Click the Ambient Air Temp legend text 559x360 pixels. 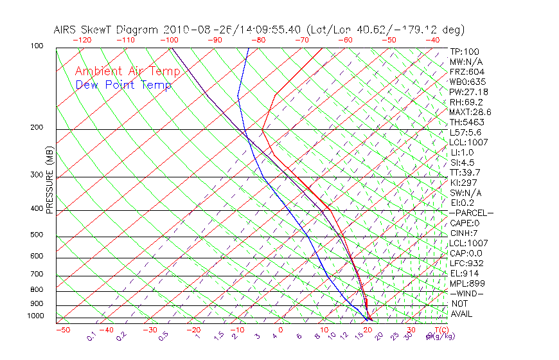(127, 71)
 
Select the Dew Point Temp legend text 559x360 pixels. (123, 85)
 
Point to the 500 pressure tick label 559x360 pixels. (37, 235)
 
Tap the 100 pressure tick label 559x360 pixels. (37, 46)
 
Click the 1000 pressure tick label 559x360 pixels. (35, 316)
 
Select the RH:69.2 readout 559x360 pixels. (466, 102)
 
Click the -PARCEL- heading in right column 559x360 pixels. (471, 213)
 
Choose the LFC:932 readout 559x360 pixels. (467, 263)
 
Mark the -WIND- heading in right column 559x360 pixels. (467, 293)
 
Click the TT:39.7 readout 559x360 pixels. (466, 172)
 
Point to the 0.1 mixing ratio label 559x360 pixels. (91, 337)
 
